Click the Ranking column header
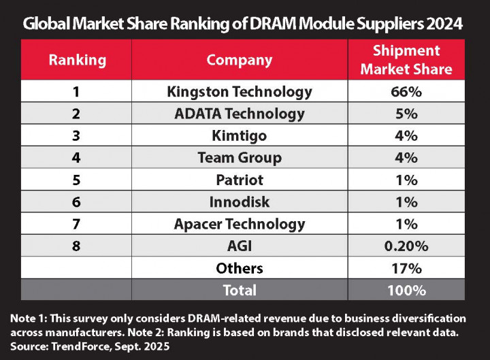[x=77, y=60]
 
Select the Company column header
[x=240, y=60]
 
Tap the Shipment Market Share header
[x=406, y=60]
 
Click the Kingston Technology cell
[x=240, y=91]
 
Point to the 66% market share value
[x=406, y=91]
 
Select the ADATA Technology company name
[x=240, y=114]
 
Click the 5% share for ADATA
[x=406, y=114]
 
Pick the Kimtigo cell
[x=240, y=135]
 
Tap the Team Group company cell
[x=240, y=158]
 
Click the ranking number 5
[x=77, y=180]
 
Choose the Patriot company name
[x=240, y=180]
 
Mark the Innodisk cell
[x=240, y=202]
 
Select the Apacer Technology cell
[x=240, y=224]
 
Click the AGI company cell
[x=240, y=246]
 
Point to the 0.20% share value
[x=406, y=246]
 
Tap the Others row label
[x=240, y=268]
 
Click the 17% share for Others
[x=406, y=268]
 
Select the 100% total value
[x=406, y=290]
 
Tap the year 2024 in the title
[x=444, y=24]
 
